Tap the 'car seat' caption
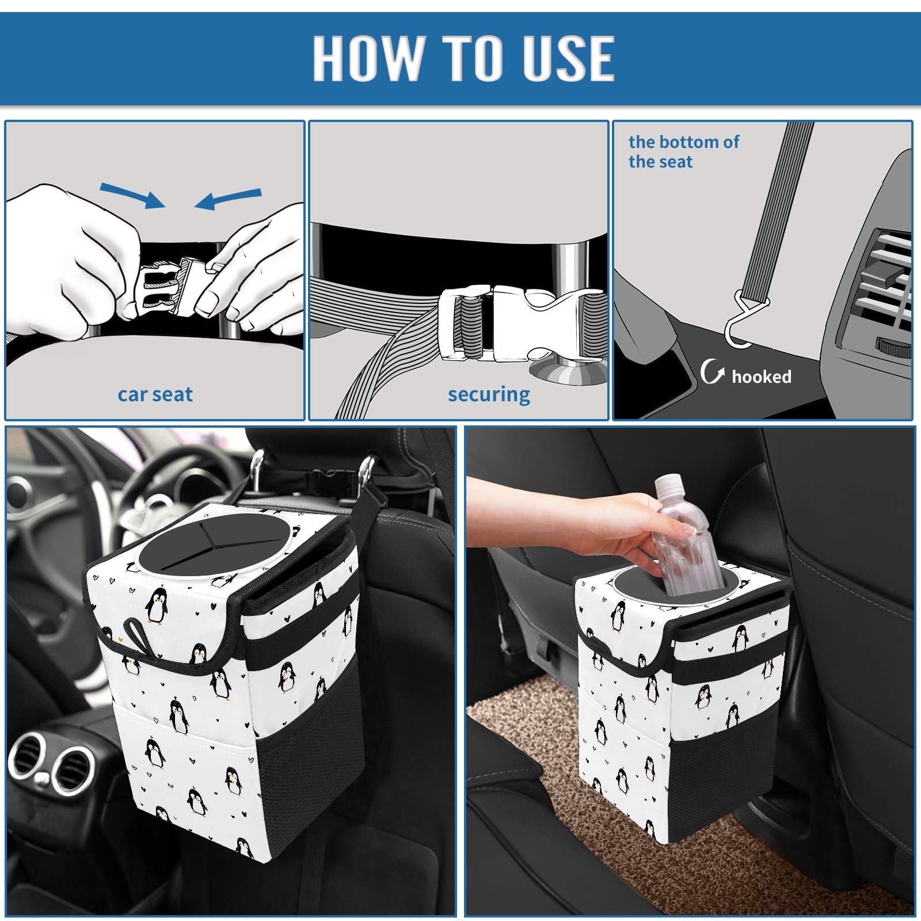pyautogui.click(x=155, y=395)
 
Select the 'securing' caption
pyautogui.click(x=489, y=395)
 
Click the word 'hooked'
pyautogui.click(x=761, y=376)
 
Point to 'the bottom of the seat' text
pyautogui.click(x=683, y=151)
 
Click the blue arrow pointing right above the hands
pyautogui.click(x=132, y=196)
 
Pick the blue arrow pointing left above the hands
pyautogui.click(x=229, y=199)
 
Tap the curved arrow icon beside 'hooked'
pyautogui.click(x=712, y=371)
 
